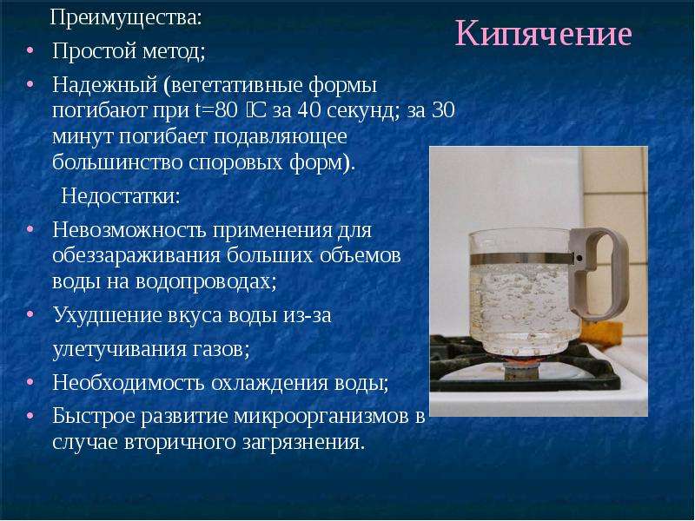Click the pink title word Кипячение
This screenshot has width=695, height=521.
click(x=543, y=34)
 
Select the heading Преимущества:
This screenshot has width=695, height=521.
click(x=126, y=18)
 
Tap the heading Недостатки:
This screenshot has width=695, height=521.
click(x=121, y=195)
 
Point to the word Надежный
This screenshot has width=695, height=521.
click(x=104, y=85)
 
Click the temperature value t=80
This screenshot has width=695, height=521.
click(x=215, y=110)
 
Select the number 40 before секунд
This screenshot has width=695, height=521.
click(x=308, y=110)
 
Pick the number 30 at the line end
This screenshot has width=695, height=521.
click(x=443, y=110)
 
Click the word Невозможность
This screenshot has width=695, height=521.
click(x=129, y=229)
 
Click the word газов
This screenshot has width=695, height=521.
click(x=221, y=350)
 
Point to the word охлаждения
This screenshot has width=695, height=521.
click(x=269, y=383)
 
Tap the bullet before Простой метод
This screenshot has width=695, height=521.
click(x=30, y=50)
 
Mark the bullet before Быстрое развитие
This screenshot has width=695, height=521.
click(x=30, y=416)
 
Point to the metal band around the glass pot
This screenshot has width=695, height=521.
click(x=520, y=259)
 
